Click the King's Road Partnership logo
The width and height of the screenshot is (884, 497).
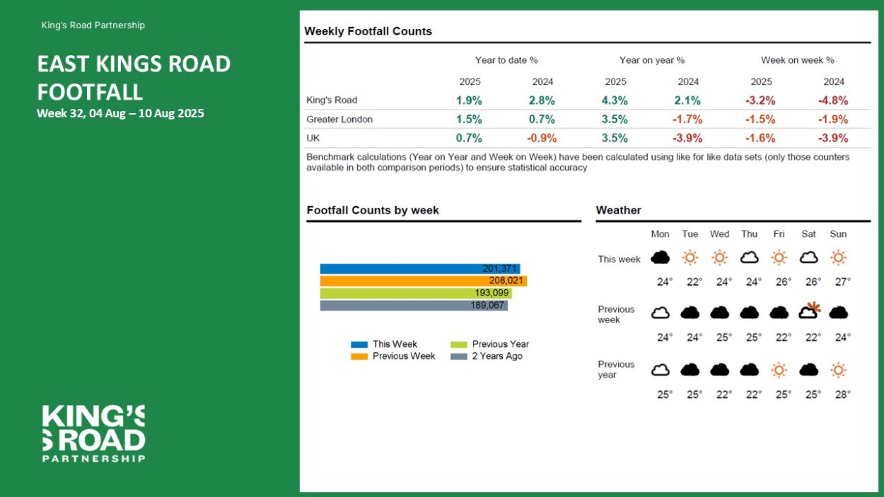tap(93, 433)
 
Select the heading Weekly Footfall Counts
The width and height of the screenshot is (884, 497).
tap(368, 31)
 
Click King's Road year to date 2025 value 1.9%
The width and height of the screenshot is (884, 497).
tap(470, 100)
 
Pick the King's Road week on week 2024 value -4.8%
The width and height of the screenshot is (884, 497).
tap(833, 100)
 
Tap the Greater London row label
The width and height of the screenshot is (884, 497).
tap(339, 119)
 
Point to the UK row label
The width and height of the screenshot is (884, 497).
tap(313, 138)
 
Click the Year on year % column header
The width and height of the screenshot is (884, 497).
tap(651, 60)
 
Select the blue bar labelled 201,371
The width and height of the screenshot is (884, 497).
tap(419, 269)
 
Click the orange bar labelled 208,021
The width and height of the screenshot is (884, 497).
tap(423, 281)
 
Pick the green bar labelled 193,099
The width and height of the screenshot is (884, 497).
tap(415, 293)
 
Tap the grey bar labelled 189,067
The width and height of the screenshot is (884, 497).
tap(414, 305)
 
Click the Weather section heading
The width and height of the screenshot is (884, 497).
tap(618, 210)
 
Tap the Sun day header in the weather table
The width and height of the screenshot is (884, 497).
tap(838, 234)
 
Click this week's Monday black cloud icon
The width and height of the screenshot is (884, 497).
tap(660, 257)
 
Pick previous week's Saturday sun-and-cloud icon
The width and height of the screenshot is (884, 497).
tap(808, 311)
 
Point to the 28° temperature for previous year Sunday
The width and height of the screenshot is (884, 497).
tap(842, 394)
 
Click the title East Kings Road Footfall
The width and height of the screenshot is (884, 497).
tap(134, 78)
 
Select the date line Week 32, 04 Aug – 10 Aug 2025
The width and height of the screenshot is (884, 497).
tap(120, 113)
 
